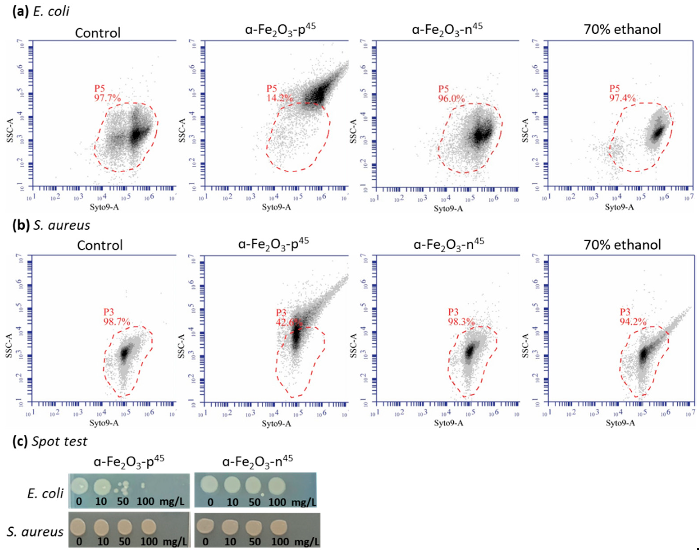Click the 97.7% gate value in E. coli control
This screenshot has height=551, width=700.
click(x=107, y=98)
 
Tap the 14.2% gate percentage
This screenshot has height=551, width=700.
click(x=279, y=98)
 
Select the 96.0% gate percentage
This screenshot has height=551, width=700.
click(x=451, y=98)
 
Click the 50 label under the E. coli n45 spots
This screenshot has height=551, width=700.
click(x=254, y=502)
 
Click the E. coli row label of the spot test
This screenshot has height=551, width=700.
click(x=45, y=494)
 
